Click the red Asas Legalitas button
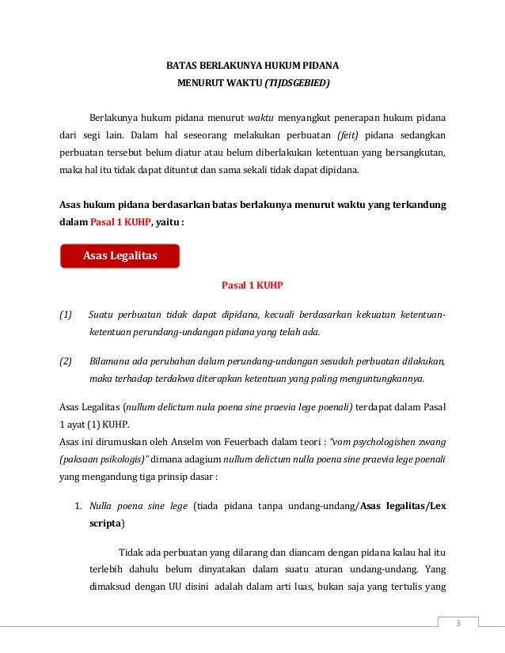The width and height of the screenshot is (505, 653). click(120, 255)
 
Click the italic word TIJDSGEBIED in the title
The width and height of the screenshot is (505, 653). click(295, 82)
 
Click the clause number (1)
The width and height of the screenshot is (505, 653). click(66, 316)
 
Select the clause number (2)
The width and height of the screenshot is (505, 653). click(66, 362)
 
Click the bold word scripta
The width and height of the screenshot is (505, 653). click(105, 523)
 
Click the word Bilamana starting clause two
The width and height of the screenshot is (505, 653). click(112, 362)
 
